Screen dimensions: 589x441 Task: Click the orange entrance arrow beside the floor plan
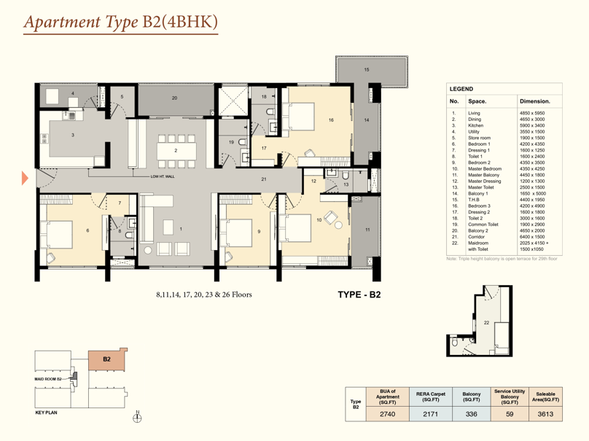pos(25,178)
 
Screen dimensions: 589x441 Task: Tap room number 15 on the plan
pos(367,69)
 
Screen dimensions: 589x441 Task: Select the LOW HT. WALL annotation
pos(163,176)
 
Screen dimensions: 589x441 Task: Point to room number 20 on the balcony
pos(175,98)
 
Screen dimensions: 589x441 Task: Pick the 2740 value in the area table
pos(387,414)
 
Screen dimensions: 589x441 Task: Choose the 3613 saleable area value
pos(545,414)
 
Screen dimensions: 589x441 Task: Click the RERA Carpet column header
pos(431,397)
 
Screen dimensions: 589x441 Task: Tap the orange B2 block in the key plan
pos(107,360)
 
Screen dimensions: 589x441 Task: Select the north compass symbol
pos(138,418)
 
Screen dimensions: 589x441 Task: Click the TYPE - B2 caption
pos(359,294)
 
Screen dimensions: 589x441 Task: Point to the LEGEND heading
pos(461,89)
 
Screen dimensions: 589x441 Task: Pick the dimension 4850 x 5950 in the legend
pos(532,113)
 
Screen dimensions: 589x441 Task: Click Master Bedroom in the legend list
pos(485,168)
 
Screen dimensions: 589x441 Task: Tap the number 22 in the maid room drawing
pos(486,323)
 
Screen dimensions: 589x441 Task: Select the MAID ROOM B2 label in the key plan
pos(48,379)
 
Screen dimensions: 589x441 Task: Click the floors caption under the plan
pos(204,294)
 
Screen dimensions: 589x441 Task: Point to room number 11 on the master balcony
pos(367,230)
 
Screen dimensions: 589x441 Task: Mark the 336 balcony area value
pos(471,414)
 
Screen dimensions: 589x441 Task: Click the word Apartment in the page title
pos(63,22)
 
